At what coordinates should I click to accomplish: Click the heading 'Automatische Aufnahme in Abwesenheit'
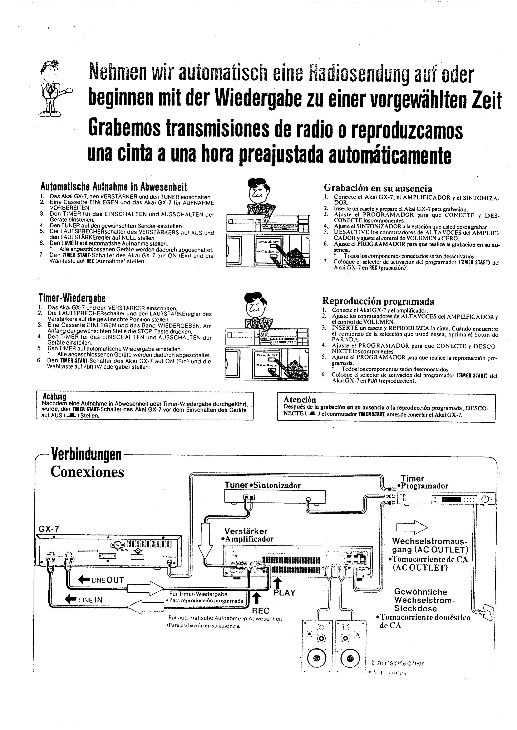(113, 187)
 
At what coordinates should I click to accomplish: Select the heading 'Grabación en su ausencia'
(378, 188)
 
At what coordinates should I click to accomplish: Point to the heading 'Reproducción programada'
(378, 301)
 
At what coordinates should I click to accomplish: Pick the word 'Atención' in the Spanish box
(300, 400)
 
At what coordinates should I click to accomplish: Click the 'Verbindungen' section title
(86, 455)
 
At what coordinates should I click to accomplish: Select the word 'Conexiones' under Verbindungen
(87, 472)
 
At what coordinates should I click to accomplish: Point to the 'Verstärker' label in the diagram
(245, 531)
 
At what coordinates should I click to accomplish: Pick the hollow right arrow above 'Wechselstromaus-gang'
(412, 528)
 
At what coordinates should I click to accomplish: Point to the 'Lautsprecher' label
(398, 663)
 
